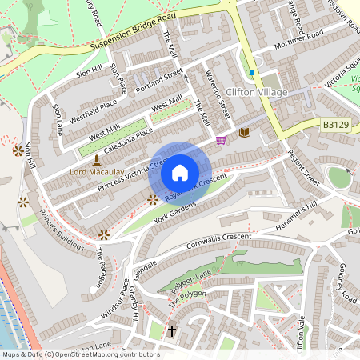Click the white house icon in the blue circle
pyautogui.click(x=180, y=173)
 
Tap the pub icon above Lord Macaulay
pyautogui.click(x=97, y=159)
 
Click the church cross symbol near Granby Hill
pyautogui.click(x=171, y=330)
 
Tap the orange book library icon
pyautogui.click(x=245, y=132)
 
